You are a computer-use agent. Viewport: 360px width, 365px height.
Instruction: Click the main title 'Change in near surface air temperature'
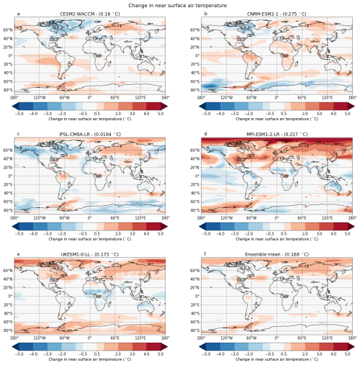click(180, 4)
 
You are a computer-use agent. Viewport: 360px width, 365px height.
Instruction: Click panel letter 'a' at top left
click(18, 14)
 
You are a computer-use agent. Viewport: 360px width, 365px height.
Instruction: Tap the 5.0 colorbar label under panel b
click(348, 113)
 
